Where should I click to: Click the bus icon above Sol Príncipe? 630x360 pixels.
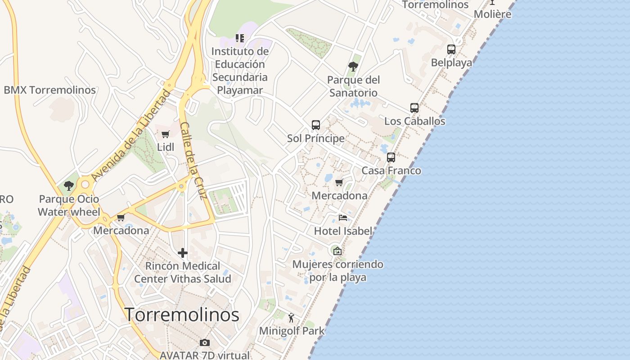point(316,125)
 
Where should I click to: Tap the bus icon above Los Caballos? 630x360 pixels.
point(414,108)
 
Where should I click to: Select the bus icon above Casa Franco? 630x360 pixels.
point(391,157)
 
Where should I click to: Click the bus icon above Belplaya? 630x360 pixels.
point(451,49)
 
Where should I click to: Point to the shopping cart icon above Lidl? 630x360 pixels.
point(165,134)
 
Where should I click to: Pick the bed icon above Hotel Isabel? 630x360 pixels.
point(343,218)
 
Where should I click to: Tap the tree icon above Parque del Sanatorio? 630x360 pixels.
point(353,67)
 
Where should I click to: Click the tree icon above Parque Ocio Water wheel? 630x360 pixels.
point(68,185)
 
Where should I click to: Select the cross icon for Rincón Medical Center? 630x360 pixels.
point(182,253)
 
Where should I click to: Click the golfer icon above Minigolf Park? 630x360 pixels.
point(291,318)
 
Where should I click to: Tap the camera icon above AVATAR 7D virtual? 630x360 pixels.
point(204,343)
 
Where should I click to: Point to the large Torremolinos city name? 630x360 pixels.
point(182,315)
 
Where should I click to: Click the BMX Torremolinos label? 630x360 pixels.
point(50,90)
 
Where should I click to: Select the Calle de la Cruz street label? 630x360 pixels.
point(193,161)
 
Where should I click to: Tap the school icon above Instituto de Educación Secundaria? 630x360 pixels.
point(240,38)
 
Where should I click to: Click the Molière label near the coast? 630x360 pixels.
point(492,14)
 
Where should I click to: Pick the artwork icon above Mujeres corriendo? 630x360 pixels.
point(337,251)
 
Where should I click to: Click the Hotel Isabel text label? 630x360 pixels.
point(343,231)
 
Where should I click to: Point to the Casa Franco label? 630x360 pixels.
point(391,171)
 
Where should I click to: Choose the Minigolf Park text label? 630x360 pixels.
point(292,331)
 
